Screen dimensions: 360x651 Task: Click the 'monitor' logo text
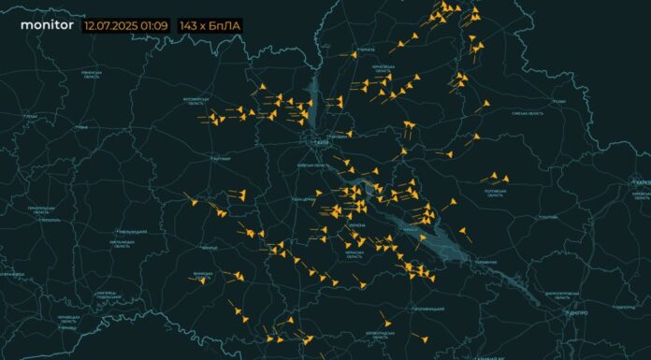pos(47,26)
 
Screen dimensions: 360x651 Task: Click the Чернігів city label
pos(366,50)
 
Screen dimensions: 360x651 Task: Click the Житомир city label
pos(221,159)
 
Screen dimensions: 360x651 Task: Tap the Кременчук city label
pos(485,262)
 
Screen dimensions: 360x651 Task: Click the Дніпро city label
pos(578,313)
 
